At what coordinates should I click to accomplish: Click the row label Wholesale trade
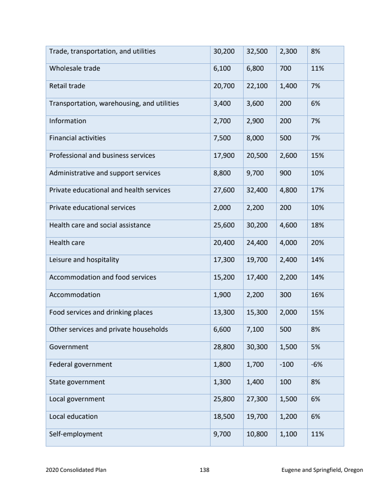click(x=74, y=69)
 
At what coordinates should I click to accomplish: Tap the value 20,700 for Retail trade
click(x=224, y=86)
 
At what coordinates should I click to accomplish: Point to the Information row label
click(x=68, y=121)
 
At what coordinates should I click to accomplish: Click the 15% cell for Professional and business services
click(x=318, y=156)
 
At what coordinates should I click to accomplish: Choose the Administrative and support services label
click(x=105, y=173)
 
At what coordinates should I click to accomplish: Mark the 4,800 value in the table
click(x=288, y=190)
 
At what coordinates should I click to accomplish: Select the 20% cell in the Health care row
click(x=318, y=243)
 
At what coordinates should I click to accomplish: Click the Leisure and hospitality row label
click(x=84, y=260)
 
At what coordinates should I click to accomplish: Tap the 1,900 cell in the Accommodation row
click(x=222, y=295)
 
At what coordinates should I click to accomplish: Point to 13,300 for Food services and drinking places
click(x=224, y=312)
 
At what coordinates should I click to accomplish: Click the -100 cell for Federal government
click(x=286, y=364)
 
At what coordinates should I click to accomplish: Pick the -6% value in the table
click(x=317, y=364)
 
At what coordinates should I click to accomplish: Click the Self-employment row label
click(x=76, y=434)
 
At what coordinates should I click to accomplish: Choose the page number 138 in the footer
click(x=204, y=470)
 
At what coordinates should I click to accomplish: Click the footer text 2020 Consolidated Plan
click(x=76, y=470)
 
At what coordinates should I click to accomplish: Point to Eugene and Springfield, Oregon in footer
click(x=322, y=470)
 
